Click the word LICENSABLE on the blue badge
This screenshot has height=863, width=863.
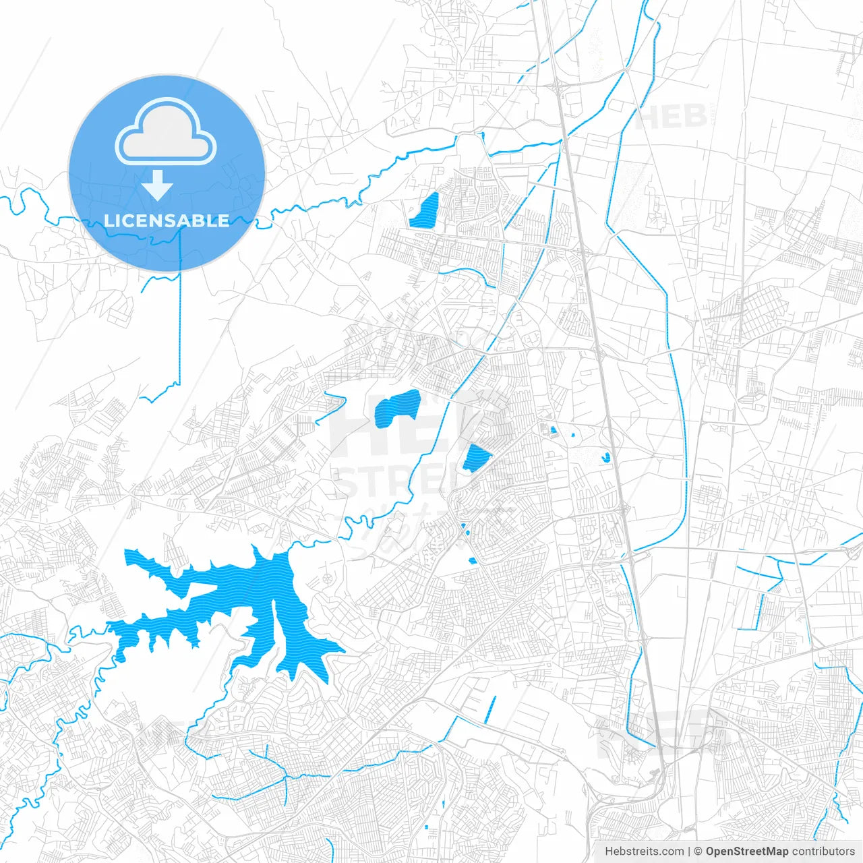[167, 220]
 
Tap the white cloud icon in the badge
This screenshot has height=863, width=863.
[166, 132]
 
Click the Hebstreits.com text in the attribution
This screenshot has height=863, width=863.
[644, 852]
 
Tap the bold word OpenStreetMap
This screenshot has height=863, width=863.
[747, 852]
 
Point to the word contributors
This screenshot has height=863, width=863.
[823, 852]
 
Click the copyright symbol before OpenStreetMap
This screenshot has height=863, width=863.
[698, 852]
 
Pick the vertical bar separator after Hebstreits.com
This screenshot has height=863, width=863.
[689, 852]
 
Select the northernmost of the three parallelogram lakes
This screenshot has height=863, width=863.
[425, 211]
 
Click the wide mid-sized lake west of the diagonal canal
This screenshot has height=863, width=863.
[398, 407]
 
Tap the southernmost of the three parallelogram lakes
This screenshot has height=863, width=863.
[476, 458]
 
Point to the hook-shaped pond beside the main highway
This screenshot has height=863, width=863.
[605, 457]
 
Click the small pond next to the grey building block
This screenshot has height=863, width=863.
[553, 429]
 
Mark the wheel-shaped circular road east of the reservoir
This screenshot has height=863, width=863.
[328, 578]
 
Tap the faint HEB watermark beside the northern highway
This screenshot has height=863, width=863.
[670, 117]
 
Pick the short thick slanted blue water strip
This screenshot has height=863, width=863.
[489, 709]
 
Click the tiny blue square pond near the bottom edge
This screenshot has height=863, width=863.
[427, 827]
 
